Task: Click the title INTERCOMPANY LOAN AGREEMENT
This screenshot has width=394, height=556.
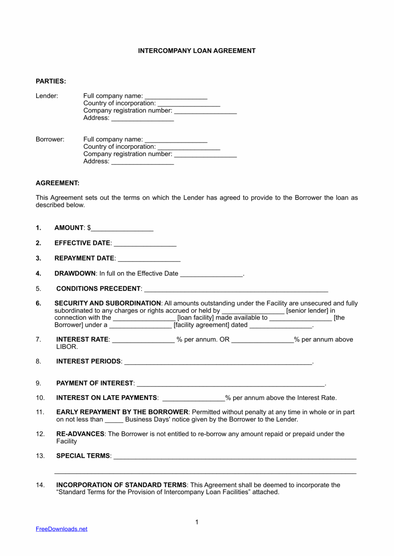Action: tap(196, 51)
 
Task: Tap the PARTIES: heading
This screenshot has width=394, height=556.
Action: tap(51, 81)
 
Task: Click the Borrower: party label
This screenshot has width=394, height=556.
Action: tap(50, 139)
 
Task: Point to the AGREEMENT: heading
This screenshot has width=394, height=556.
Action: tap(57, 183)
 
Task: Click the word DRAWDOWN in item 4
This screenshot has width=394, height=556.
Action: tap(75, 274)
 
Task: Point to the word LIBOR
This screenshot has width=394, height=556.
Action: tap(67, 347)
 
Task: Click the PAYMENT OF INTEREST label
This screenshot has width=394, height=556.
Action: tap(95, 383)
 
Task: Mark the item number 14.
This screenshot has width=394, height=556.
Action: tap(40, 485)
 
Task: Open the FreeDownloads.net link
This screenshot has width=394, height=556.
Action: tap(62, 529)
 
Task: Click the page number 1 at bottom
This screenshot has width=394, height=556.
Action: tap(197, 522)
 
